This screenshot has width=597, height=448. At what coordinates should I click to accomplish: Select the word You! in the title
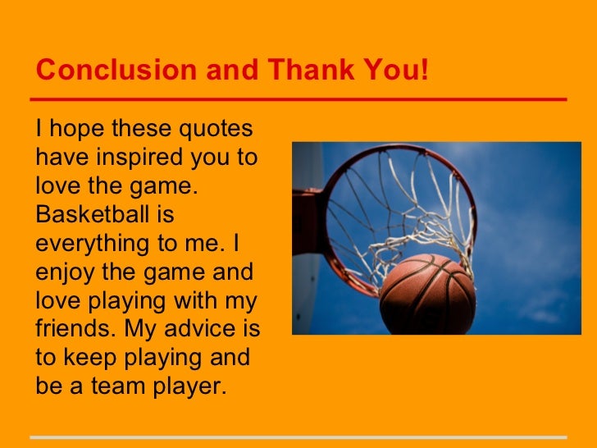(x=399, y=71)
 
